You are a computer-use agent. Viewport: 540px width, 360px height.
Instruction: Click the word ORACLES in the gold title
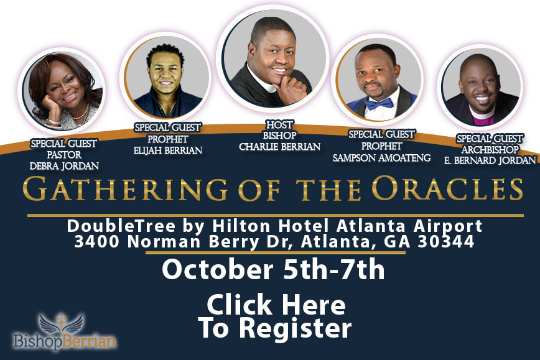pyautogui.click(x=447, y=188)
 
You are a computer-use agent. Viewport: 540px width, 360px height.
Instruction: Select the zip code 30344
pyautogui.click(x=446, y=241)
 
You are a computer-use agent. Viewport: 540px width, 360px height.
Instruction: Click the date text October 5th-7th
pyautogui.click(x=273, y=269)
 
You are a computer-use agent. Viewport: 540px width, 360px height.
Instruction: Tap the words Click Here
pyautogui.click(x=276, y=305)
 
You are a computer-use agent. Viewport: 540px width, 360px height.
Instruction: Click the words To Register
pyautogui.click(x=275, y=328)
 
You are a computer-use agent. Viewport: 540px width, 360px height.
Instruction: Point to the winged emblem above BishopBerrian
pyautogui.click(x=62, y=323)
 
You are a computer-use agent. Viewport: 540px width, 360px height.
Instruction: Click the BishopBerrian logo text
pyautogui.click(x=65, y=342)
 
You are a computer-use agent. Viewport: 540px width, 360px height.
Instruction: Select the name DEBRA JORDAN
pyautogui.click(x=64, y=166)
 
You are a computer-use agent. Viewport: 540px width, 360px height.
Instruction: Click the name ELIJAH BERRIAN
pyautogui.click(x=168, y=150)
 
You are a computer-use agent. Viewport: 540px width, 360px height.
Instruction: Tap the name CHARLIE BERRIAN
pyautogui.click(x=280, y=147)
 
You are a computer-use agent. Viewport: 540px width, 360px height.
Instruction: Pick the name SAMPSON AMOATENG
pyautogui.click(x=381, y=158)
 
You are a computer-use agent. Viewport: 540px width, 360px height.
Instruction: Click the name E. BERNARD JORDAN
pyautogui.click(x=490, y=160)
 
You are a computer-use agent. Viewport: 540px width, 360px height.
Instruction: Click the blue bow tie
pyautogui.click(x=379, y=104)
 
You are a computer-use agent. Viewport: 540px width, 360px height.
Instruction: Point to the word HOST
pyautogui.click(x=279, y=124)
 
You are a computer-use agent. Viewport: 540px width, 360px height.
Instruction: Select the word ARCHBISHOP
pyautogui.click(x=490, y=150)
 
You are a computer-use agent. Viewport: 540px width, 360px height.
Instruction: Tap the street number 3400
pyautogui.click(x=97, y=241)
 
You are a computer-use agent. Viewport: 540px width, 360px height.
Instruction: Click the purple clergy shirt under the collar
pyautogui.click(x=483, y=120)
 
